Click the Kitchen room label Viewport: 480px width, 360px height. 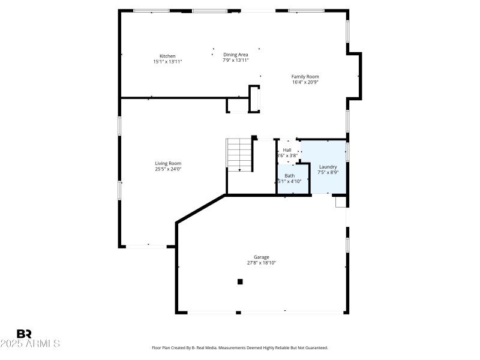167,56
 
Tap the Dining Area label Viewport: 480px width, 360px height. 236,55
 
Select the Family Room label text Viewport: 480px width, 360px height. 305,76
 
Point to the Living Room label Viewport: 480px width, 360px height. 168,163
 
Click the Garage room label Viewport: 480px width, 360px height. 261,257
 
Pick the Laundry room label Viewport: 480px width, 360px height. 328,167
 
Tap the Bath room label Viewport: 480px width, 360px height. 289,176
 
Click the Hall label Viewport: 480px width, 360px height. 287,150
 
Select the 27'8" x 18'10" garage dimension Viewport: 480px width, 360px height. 261,263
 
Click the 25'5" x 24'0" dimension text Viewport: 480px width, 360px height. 168,169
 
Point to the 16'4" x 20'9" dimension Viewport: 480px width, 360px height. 305,82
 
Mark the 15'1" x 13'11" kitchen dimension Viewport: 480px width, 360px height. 167,61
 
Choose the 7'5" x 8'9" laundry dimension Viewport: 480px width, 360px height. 328,172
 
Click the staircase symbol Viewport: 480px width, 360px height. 238,155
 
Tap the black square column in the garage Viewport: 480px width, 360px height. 240,281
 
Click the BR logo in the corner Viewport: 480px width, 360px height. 24,334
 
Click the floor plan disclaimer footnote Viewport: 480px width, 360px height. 239,347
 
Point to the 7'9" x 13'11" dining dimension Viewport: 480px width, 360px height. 236,60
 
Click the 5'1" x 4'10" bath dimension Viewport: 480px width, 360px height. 289,181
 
